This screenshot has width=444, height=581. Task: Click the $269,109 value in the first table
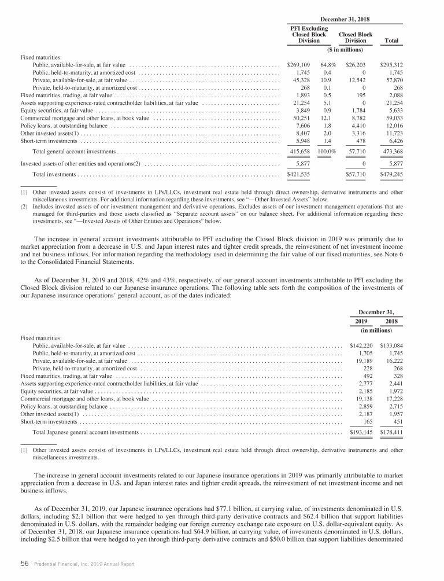tap(299, 65)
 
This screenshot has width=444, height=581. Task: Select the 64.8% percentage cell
tap(329, 65)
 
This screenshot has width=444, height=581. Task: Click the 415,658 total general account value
tap(299, 152)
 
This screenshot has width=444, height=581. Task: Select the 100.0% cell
tap(328, 152)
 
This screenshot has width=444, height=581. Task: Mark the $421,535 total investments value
tap(299, 174)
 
